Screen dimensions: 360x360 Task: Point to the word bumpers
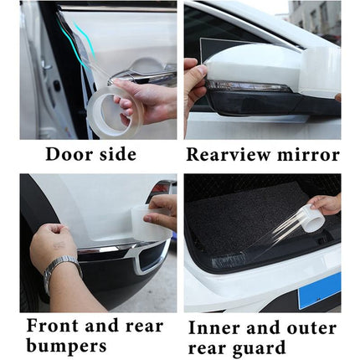67,346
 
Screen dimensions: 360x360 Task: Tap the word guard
258,347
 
